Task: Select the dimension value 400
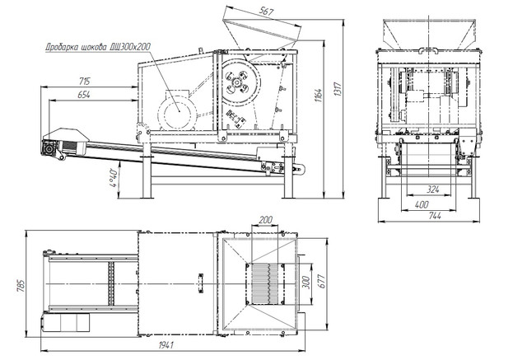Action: (421, 203)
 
